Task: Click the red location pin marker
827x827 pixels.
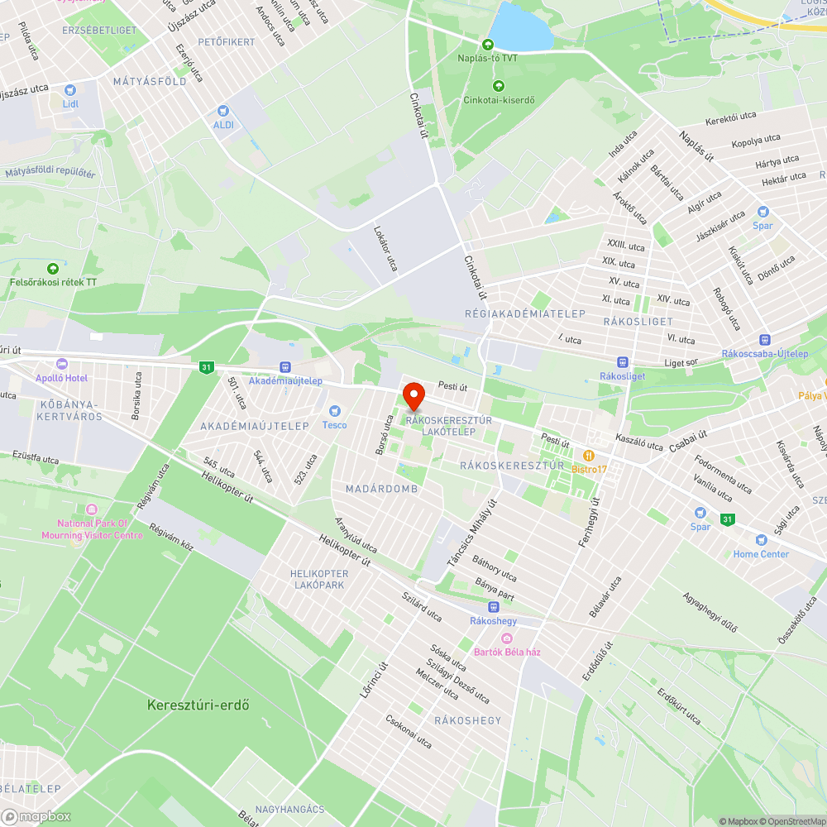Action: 413,395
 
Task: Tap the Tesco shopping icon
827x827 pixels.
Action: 335,410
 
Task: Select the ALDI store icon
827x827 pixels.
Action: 222,110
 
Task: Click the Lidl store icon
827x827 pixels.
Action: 70,89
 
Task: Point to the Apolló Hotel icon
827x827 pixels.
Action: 61,364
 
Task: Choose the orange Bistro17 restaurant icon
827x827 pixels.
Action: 589,456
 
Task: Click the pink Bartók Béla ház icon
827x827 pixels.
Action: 507,638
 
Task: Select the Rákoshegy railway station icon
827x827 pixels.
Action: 494,606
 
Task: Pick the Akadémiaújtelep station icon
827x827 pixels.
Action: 285,366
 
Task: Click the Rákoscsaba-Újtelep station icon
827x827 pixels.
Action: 765,339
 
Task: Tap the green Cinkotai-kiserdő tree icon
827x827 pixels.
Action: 498,86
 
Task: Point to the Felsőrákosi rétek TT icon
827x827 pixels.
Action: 54,268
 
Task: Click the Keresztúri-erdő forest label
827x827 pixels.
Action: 198,705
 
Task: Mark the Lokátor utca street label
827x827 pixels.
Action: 385,249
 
